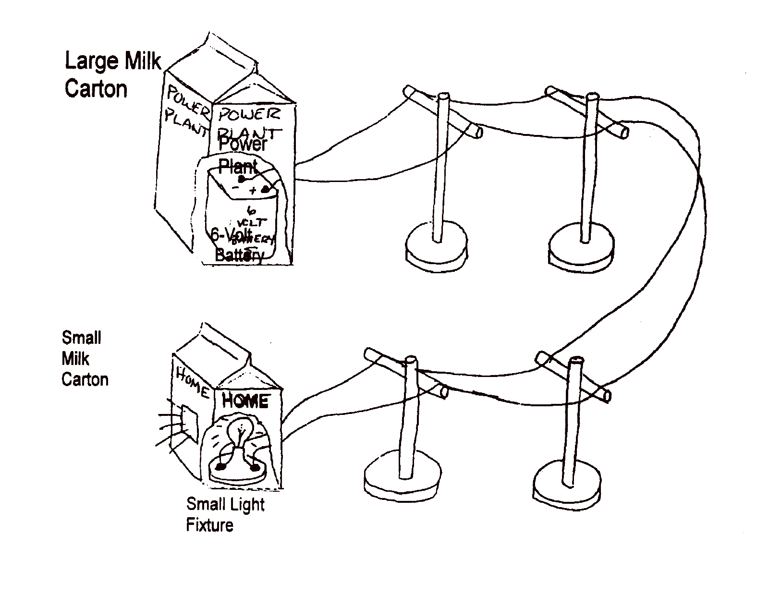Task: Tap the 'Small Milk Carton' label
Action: tap(85, 359)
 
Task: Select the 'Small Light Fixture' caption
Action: tap(225, 514)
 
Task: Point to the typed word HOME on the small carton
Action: tap(245, 401)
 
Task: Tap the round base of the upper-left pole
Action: tap(436, 245)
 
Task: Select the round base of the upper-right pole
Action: tap(581, 246)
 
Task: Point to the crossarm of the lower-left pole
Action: tap(406, 373)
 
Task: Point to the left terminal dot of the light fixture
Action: tap(221, 466)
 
